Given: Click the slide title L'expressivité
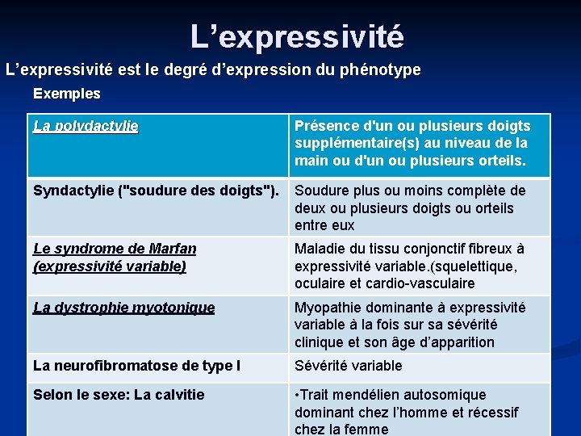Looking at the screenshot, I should click(297, 36).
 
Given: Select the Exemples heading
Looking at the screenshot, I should click(67, 94).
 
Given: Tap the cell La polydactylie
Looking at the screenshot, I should click(86, 126).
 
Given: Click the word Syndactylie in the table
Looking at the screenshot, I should click(73, 191).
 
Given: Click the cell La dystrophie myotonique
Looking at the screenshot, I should click(123, 308).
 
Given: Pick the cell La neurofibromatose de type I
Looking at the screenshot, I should click(136, 366).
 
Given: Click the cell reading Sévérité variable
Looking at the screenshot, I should click(348, 366).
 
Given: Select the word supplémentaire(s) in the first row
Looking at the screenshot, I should click(355, 144).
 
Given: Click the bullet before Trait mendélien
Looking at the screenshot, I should click(298, 395).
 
